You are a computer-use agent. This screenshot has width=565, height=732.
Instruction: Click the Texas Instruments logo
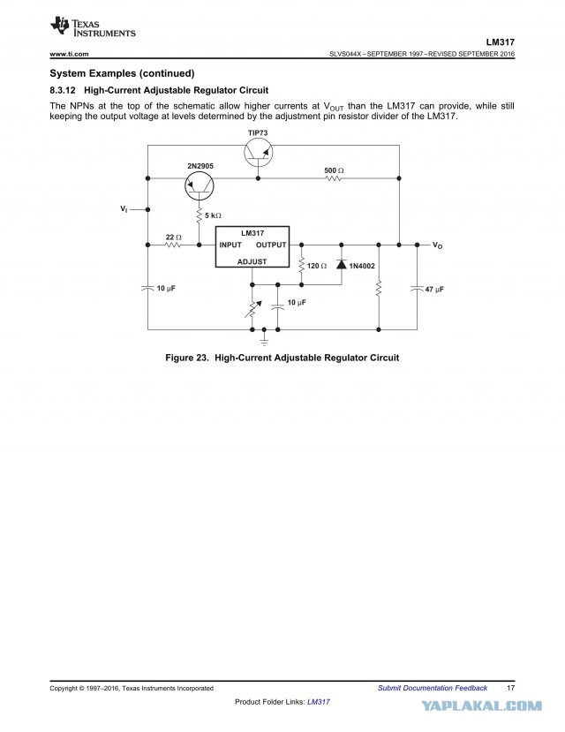93,27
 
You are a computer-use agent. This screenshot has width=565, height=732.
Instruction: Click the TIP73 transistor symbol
258,153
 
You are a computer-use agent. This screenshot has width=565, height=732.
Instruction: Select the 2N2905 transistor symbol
200,186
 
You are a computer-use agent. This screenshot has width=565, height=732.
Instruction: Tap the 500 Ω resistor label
334,170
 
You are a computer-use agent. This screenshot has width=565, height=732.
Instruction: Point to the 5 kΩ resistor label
214,215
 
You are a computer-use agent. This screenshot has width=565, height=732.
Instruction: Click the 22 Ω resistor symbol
173,245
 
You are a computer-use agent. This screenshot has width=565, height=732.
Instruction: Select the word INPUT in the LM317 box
230,245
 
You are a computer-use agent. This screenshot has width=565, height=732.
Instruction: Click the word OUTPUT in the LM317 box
271,245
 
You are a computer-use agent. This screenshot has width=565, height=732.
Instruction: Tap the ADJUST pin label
252,261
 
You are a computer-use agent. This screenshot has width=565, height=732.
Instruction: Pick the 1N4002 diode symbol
342,265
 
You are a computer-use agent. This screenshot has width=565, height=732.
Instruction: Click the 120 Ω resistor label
317,266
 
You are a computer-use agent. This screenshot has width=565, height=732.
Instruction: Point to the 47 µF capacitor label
434,290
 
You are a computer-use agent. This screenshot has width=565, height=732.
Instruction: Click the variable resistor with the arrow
252,308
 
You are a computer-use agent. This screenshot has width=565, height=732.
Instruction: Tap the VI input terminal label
124,209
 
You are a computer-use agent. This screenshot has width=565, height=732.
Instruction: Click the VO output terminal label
437,245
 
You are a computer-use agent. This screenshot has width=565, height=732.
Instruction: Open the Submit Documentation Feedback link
433,688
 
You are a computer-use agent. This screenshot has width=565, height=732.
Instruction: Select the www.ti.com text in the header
69,54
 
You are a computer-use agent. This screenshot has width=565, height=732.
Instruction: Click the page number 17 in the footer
511,688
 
